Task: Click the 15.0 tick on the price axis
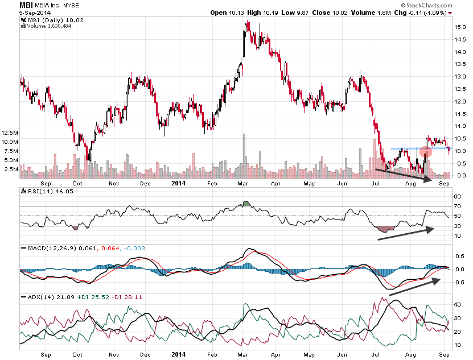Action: coord(460,27)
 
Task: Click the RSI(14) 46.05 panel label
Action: coord(43,192)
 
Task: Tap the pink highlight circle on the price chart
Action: coord(426,152)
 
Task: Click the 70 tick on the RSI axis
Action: coord(457,205)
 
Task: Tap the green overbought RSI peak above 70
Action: coord(246,203)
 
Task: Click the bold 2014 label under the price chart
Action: coord(179,183)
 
